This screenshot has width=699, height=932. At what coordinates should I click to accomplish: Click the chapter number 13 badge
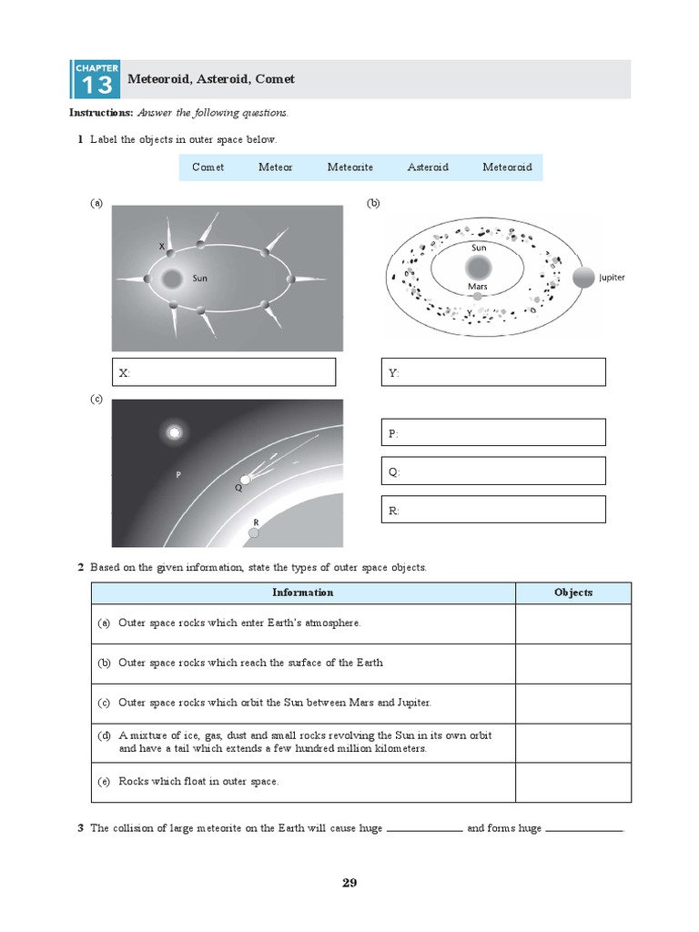click(95, 80)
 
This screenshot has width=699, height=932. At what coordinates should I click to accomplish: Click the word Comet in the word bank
click(208, 167)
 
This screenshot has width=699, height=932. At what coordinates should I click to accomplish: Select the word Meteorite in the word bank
click(350, 167)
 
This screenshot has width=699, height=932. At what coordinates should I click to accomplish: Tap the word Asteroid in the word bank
click(428, 167)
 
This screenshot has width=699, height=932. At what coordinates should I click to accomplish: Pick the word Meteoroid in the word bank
click(507, 167)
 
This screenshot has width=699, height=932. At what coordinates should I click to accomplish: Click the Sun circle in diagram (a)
click(171, 279)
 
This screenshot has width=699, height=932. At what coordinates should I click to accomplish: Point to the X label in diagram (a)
click(162, 247)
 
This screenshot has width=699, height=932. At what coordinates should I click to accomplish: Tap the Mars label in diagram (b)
click(478, 286)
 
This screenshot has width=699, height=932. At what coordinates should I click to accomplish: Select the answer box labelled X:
click(224, 372)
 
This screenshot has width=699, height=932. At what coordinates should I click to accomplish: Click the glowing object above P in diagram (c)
click(174, 432)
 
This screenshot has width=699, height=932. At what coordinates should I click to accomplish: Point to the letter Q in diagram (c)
click(238, 488)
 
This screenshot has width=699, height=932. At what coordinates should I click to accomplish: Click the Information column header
click(303, 593)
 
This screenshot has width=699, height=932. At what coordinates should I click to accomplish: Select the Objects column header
click(573, 593)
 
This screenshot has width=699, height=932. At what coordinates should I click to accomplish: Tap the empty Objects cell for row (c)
click(573, 704)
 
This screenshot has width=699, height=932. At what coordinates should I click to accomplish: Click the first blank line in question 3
click(425, 829)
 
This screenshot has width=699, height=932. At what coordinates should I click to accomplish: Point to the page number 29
click(349, 883)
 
